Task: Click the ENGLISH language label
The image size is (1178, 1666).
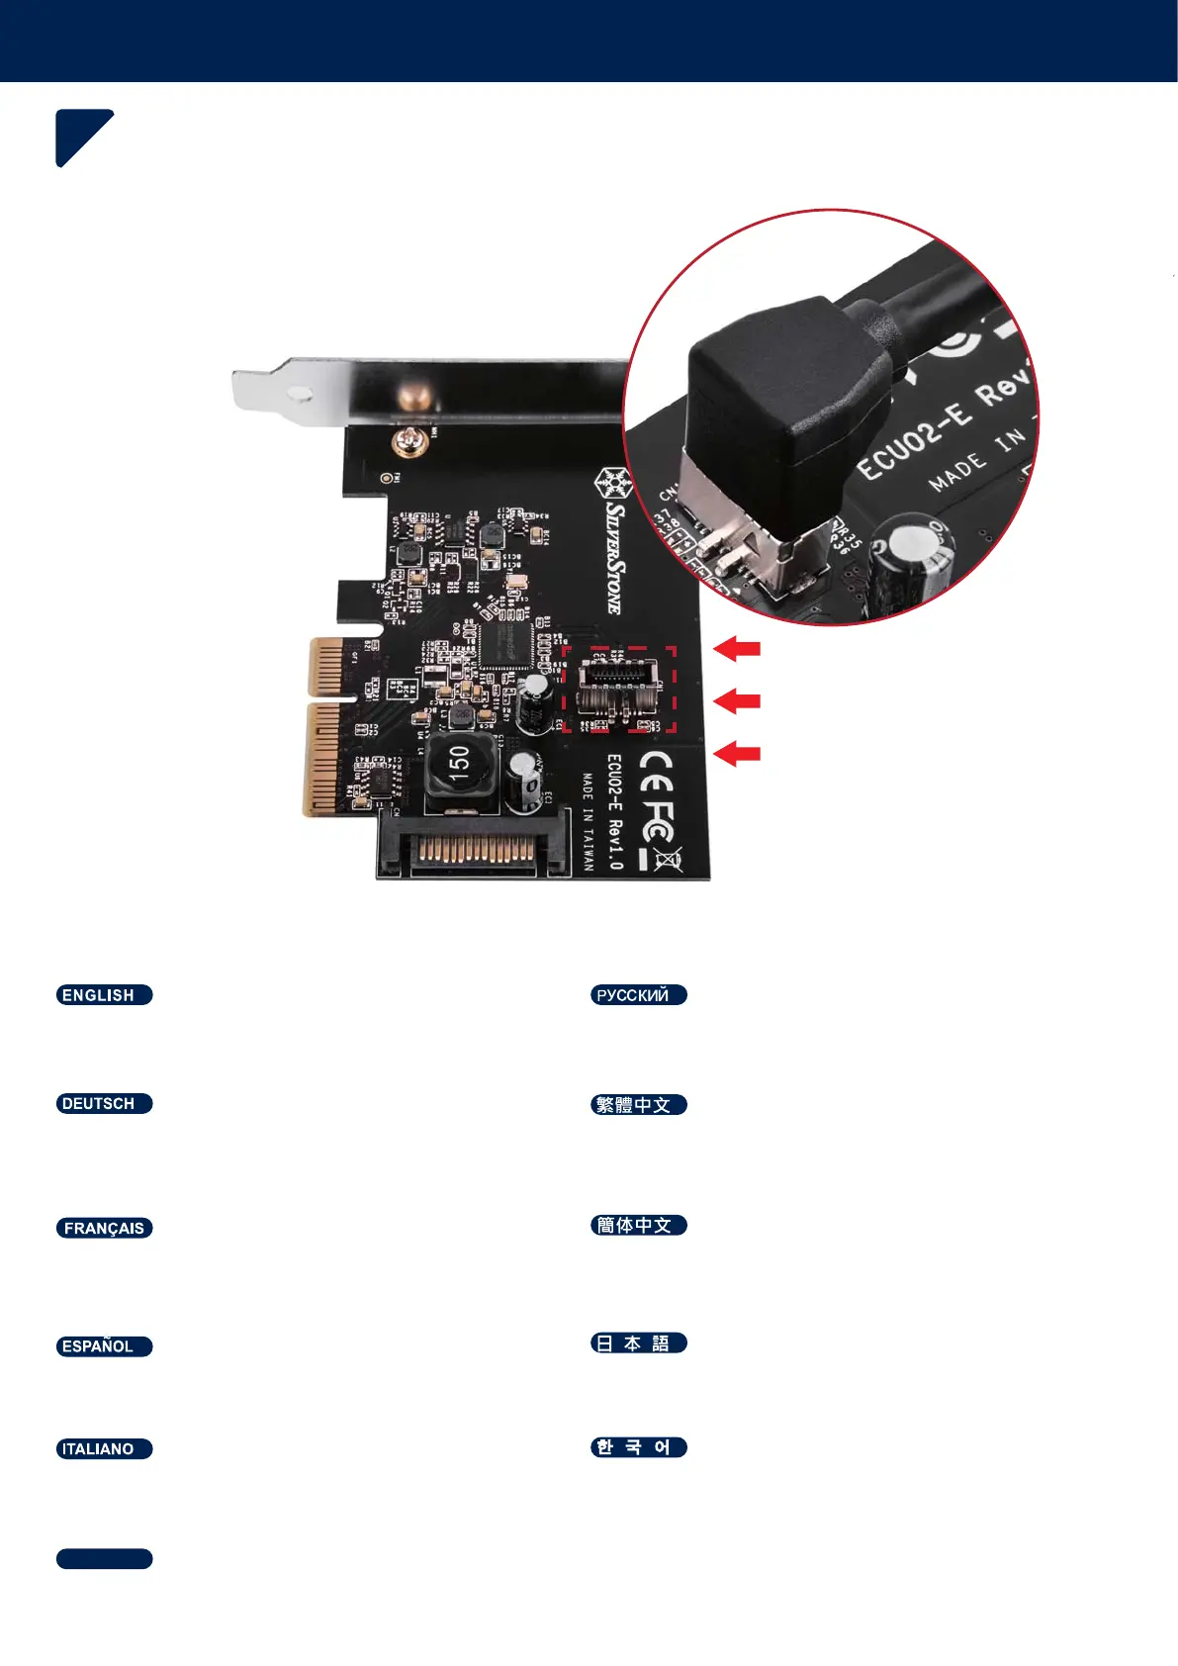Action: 104,995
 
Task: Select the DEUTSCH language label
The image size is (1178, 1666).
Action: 104,1104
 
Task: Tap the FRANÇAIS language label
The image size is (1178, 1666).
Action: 104,1229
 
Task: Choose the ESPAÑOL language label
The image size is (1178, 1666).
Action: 104,1346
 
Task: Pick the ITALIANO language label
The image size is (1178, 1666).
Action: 104,1449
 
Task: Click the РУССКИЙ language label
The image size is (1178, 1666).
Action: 638,995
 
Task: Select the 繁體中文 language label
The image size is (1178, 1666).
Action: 638,1105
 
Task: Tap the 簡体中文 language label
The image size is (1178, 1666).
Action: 638,1226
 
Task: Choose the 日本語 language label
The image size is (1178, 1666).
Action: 638,1343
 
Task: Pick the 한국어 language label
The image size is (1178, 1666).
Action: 638,1447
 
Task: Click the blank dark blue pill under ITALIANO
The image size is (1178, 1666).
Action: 104,1559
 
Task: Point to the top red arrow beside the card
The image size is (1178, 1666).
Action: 737,649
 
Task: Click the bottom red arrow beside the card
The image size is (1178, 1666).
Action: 737,754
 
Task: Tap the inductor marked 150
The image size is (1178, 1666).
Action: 458,766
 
